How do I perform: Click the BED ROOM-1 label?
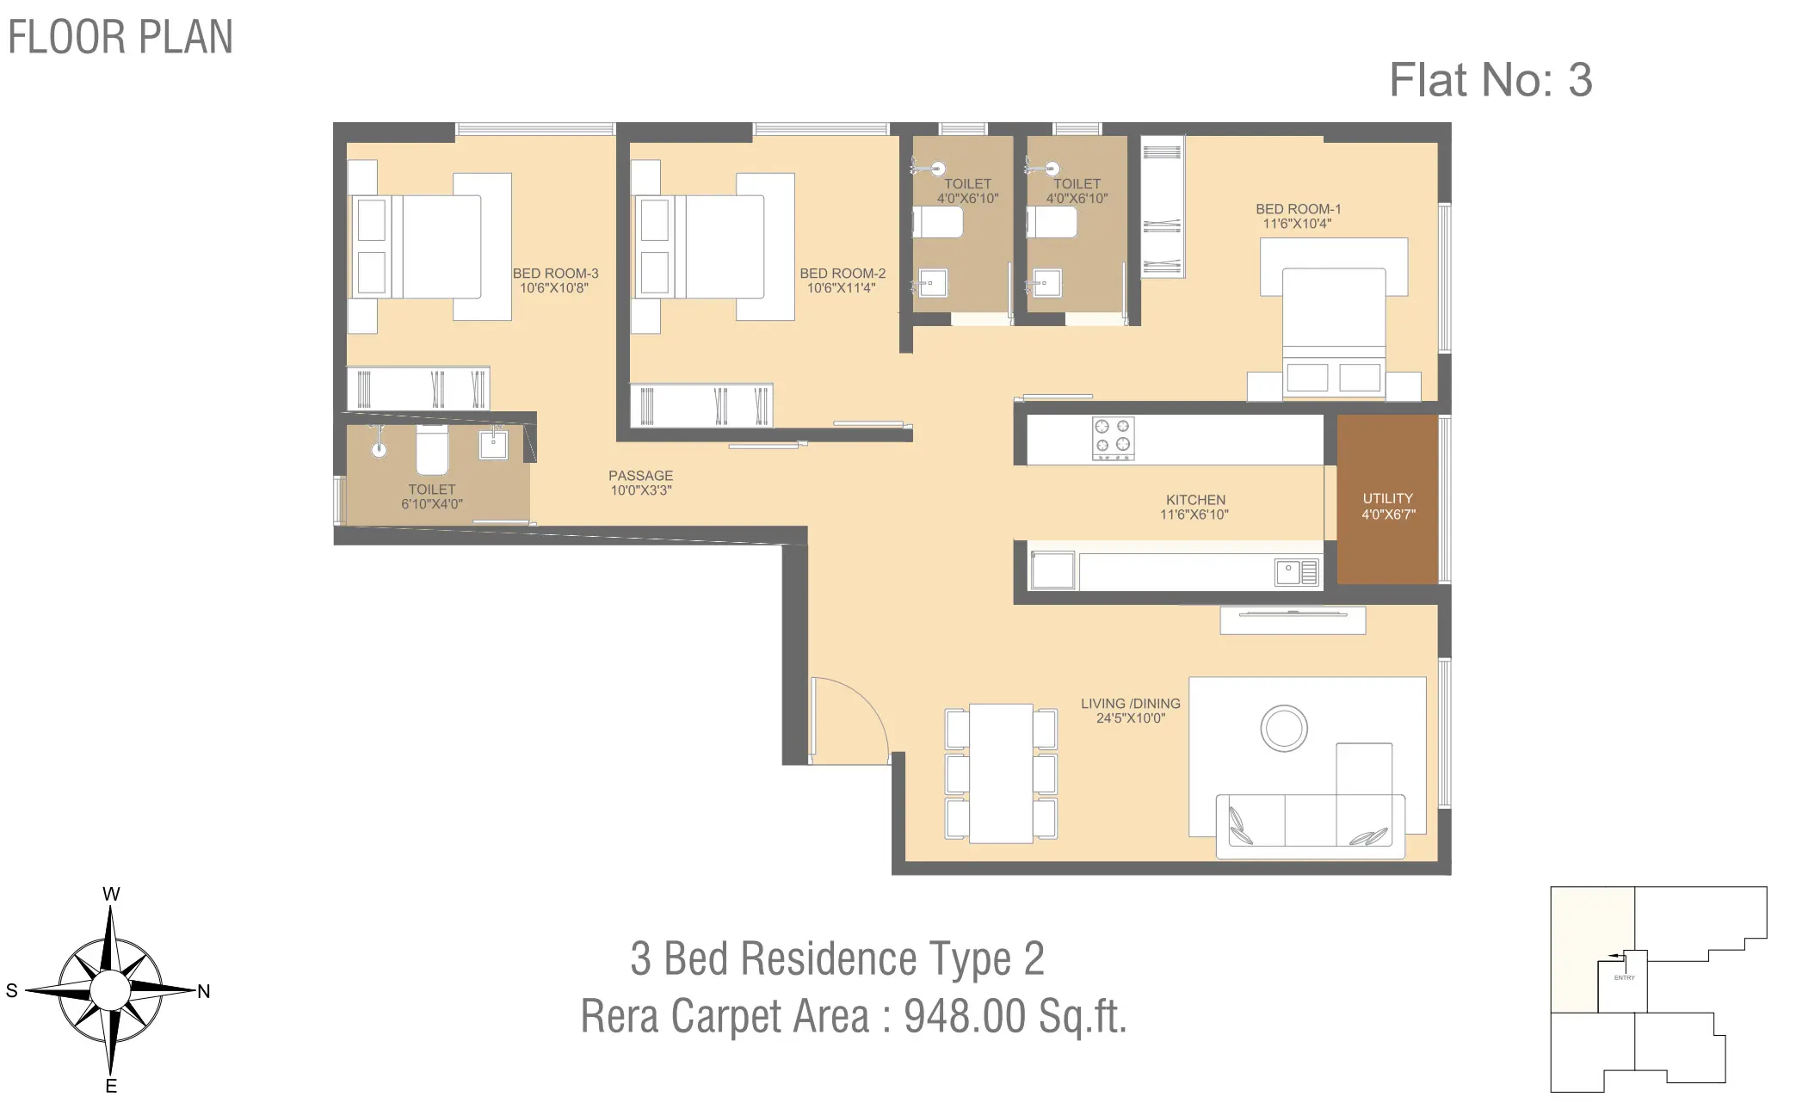[1298, 209]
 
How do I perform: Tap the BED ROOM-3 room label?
[555, 274]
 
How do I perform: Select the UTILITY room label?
[1387, 498]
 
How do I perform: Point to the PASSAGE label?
[640, 476]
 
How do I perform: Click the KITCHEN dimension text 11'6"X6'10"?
[1194, 514]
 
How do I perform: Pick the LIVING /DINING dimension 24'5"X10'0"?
[1130, 718]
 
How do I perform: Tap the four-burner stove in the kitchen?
[1113, 439]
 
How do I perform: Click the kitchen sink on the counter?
[1297, 572]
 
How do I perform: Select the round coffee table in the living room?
[1284, 728]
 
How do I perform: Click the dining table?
[1001, 773]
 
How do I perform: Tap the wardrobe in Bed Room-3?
[418, 389]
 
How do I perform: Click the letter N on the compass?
[204, 991]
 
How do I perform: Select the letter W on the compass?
[111, 894]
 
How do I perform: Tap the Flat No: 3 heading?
[1490, 80]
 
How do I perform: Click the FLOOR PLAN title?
[120, 37]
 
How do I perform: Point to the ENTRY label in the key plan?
[1624, 978]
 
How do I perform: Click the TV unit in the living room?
[1293, 620]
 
